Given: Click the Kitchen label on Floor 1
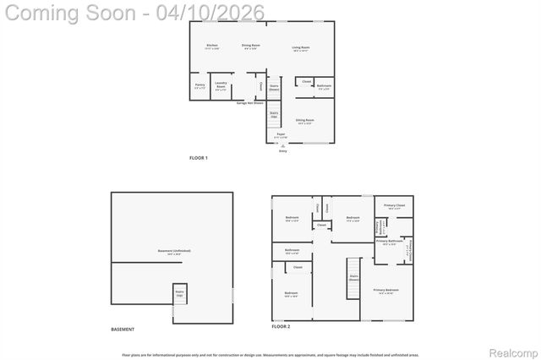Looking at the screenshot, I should (x=211, y=46).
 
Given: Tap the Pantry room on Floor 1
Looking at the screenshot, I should (x=199, y=86).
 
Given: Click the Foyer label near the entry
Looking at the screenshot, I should (x=280, y=135).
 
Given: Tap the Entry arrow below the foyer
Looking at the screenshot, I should (x=282, y=145).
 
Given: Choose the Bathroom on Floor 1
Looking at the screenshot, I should (x=324, y=86).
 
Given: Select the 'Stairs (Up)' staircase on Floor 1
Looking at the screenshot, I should (x=274, y=114).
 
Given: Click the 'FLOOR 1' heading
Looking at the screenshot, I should (x=199, y=158).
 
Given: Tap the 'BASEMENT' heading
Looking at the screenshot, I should (x=123, y=330).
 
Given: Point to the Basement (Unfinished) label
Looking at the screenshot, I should (x=173, y=253).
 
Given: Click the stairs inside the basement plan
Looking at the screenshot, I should (x=180, y=295).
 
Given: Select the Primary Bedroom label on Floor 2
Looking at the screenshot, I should (x=386, y=291).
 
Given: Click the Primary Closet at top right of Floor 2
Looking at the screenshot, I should (x=394, y=207).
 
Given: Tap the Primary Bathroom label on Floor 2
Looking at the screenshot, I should (x=387, y=243).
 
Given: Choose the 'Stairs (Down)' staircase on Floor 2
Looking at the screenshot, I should (x=354, y=278).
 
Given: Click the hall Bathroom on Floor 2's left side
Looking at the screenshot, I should (x=292, y=251).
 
